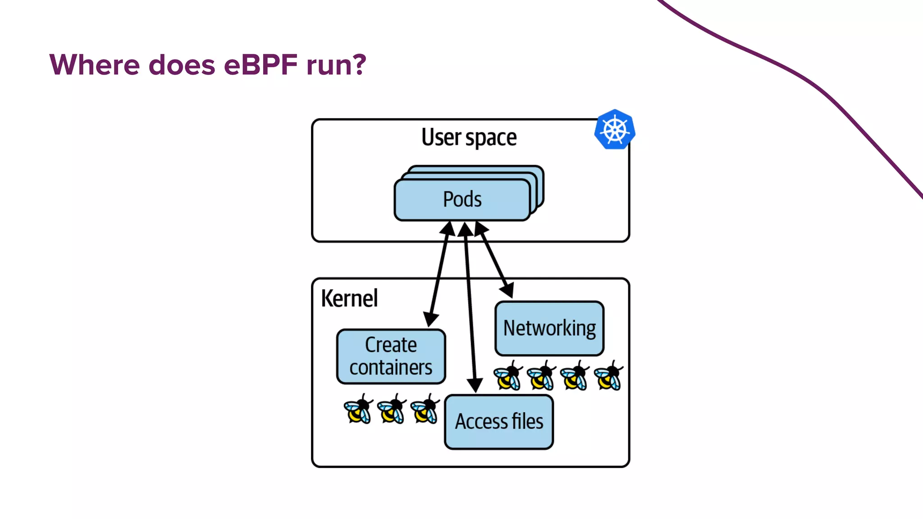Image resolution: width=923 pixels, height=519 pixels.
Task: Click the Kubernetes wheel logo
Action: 615,130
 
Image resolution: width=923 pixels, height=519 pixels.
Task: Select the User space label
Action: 469,137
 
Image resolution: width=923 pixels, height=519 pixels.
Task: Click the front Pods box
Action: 462,200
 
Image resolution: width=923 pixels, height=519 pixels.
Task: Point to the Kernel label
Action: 349,298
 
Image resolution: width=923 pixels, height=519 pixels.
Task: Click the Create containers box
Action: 391,356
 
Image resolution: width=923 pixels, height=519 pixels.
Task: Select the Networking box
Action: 549,328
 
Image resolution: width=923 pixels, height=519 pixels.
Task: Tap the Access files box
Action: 498,422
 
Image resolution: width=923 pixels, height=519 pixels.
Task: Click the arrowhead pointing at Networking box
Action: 508,290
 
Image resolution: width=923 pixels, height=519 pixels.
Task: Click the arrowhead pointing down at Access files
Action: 475,385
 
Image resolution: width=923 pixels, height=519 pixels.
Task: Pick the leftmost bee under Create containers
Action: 358,409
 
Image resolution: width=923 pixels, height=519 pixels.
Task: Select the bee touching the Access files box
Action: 425,409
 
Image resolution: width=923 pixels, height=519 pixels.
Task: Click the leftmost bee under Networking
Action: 508,375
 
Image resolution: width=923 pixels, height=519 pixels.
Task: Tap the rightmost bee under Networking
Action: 608,375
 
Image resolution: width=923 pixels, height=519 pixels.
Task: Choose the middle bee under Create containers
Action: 392,409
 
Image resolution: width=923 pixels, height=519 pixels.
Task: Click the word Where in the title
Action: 95,65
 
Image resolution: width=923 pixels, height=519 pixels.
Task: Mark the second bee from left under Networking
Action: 541,375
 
